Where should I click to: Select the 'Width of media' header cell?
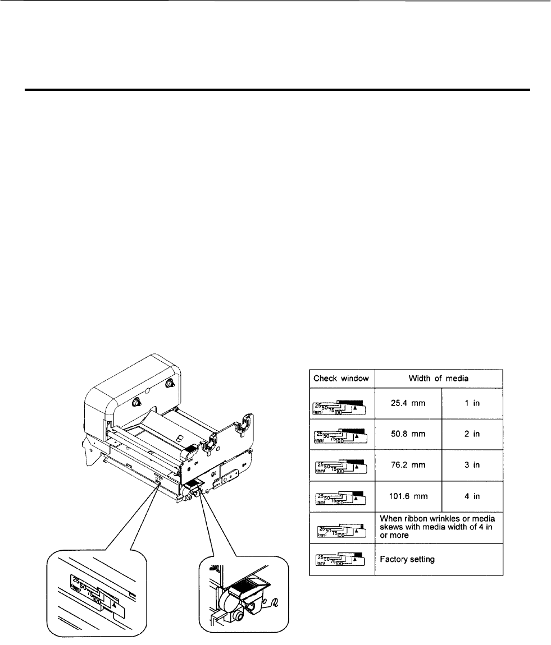click(438, 377)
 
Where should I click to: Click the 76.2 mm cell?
click(408, 467)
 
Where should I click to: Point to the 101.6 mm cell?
click(408, 497)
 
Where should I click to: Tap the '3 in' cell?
click(472, 467)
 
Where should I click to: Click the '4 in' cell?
click(472, 497)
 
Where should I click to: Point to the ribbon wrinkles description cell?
click(438, 527)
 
